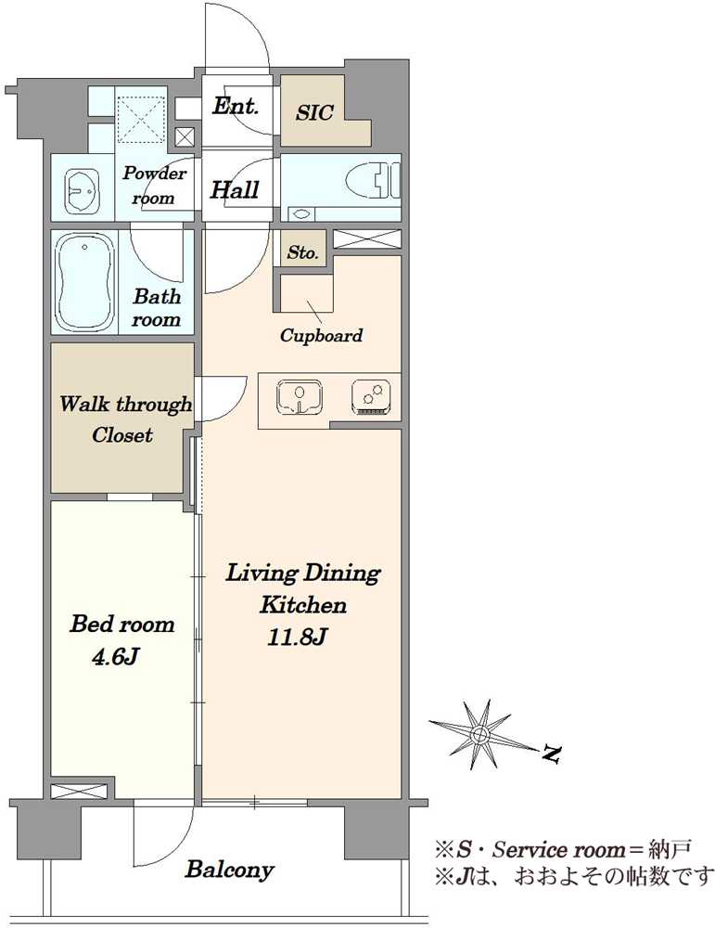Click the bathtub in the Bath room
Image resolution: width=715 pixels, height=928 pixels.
[x=84, y=283]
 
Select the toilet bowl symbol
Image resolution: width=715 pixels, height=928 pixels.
[x=373, y=180]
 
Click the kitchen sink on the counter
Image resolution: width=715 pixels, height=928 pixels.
[x=300, y=396]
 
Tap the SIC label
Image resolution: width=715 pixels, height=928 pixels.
[x=314, y=112]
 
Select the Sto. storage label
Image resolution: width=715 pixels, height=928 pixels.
[x=303, y=252]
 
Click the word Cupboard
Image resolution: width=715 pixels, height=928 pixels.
[x=321, y=336]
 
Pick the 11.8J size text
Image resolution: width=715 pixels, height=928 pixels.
[x=297, y=638]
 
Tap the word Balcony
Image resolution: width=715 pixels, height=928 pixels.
[x=230, y=870]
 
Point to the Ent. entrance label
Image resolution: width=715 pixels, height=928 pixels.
[x=236, y=107]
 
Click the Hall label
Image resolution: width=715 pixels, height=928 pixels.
[x=235, y=190]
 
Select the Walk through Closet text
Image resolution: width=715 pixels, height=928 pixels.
[x=125, y=419]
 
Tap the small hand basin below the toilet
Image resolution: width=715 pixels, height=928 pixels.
[x=301, y=214]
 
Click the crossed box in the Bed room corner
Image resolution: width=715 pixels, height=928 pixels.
[x=79, y=792]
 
